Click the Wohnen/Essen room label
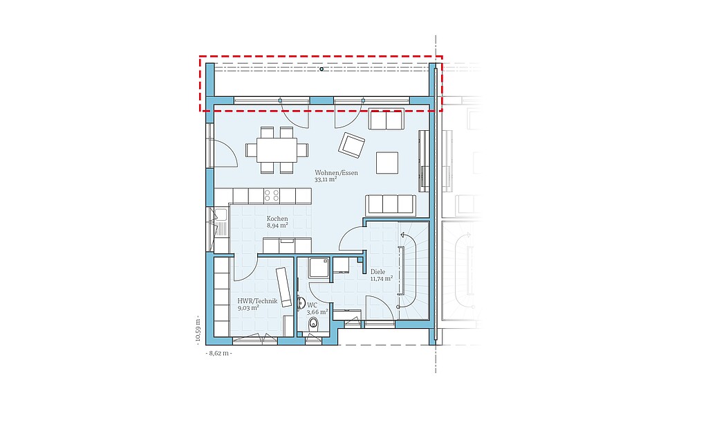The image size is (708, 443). click(x=337, y=172)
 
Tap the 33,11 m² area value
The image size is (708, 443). click(x=326, y=179)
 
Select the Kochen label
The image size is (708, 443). click(x=277, y=219)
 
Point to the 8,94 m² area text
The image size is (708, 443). click(x=277, y=225)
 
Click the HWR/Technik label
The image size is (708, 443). click(x=257, y=301)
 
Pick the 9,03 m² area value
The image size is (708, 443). click(x=248, y=308)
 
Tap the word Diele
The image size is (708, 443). click(x=378, y=272)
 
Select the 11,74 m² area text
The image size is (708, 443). click(x=382, y=278)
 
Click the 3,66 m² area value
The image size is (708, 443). click(x=317, y=312)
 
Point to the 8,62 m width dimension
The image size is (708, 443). click(x=218, y=353)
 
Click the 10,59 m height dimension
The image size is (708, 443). click(x=197, y=332)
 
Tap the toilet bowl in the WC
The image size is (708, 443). click(x=313, y=323)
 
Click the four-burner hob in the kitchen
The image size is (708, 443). click(x=272, y=195)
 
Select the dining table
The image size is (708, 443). click(x=277, y=150)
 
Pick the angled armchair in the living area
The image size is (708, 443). click(x=352, y=145)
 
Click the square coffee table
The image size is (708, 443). click(x=387, y=163)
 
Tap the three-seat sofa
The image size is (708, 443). click(x=391, y=205)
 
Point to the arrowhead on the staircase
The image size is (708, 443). click(x=402, y=235)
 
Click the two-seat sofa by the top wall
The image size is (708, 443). click(x=386, y=119)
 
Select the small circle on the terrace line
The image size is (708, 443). click(x=322, y=69)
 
